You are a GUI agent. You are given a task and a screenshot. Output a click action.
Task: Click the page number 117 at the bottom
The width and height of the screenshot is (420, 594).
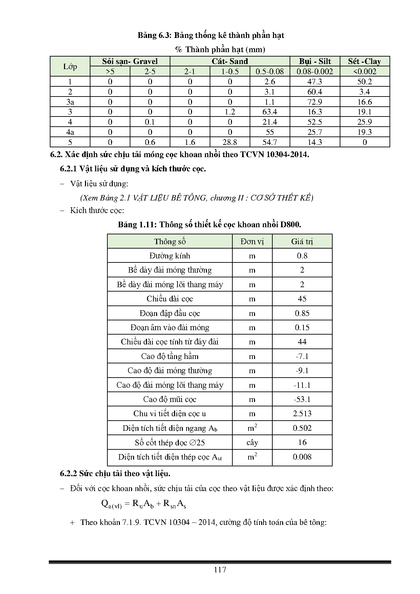pyautogui.click(x=220, y=569)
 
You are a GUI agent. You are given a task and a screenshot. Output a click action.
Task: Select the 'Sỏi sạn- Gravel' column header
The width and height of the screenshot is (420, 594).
pyautogui.click(x=130, y=61)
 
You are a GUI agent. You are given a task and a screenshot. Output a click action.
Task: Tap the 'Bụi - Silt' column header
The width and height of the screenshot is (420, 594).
pyautogui.click(x=315, y=61)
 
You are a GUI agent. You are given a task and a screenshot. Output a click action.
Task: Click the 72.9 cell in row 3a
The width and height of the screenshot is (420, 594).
pyautogui.click(x=315, y=102)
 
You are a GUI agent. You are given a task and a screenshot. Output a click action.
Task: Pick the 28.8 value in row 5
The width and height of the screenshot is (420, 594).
pyautogui.click(x=230, y=142)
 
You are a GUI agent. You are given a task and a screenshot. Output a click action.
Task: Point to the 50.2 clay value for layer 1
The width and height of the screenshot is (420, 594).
pyautogui.click(x=364, y=82)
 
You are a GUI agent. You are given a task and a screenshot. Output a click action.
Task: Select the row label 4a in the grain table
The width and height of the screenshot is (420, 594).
pyautogui.click(x=70, y=132)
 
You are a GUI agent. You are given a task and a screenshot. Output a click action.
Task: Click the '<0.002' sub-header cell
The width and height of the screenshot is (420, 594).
pyautogui.click(x=364, y=71)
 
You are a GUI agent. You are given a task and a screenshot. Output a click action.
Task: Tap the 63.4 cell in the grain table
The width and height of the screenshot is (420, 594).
pyautogui.click(x=270, y=112)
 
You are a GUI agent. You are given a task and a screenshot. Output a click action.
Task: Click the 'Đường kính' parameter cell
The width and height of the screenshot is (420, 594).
pyautogui.click(x=170, y=256)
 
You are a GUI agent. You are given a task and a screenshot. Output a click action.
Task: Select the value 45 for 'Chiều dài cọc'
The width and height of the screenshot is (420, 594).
pyautogui.click(x=302, y=299)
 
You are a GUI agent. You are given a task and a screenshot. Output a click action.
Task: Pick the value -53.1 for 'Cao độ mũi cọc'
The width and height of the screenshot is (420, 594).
pyautogui.click(x=302, y=399)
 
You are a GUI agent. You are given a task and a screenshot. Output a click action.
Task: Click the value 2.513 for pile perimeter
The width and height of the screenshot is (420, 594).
pyautogui.click(x=302, y=413)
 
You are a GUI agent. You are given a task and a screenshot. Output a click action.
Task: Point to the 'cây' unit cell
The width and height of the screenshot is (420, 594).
pyautogui.click(x=252, y=442)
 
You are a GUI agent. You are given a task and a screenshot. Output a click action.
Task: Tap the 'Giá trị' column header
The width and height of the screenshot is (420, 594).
pyautogui.click(x=302, y=241)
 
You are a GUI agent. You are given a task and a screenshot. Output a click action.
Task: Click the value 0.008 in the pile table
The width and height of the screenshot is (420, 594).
pyautogui.click(x=302, y=457)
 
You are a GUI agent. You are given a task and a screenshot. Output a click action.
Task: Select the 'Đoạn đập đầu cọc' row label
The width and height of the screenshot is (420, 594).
pyautogui.click(x=170, y=313)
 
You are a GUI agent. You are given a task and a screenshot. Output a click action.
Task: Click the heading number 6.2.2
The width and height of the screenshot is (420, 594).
pyautogui.click(x=69, y=473)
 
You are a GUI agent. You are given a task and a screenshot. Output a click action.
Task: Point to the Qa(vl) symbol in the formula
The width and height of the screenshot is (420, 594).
pyautogui.click(x=111, y=504)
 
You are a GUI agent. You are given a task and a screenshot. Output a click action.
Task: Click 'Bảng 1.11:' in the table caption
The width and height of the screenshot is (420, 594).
pyautogui.click(x=137, y=225)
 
